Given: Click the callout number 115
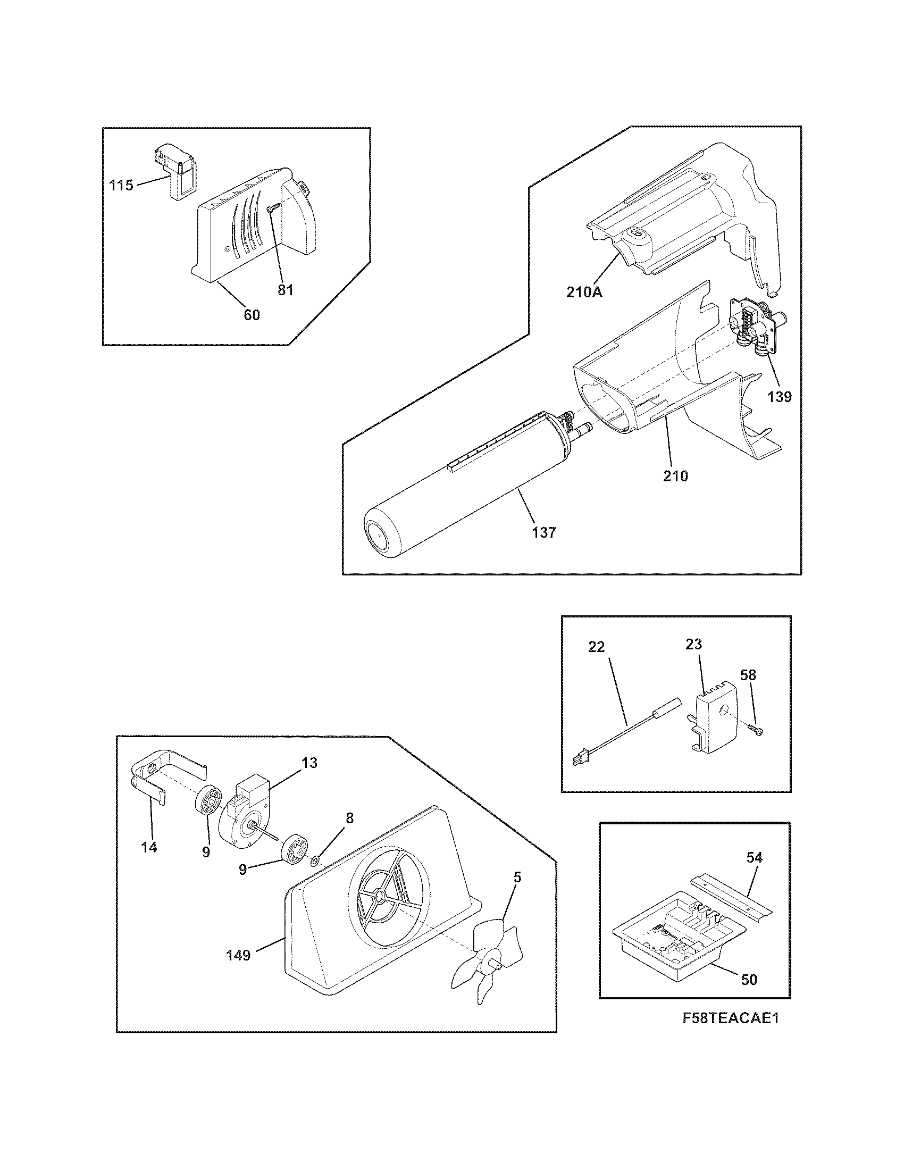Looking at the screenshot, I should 121,186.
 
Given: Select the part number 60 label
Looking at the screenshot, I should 252,315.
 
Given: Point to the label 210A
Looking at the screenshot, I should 584,292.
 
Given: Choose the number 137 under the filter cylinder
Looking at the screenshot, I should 544,532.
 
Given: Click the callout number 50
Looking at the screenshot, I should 749,979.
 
